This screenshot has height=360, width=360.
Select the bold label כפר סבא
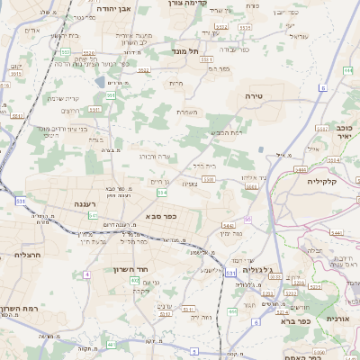[x=159, y=216]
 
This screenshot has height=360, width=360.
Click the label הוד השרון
[x=130, y=269]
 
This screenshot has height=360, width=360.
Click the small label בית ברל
[x=204, y=166]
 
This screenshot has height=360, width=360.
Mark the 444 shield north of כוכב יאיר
[x=347, y=69]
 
